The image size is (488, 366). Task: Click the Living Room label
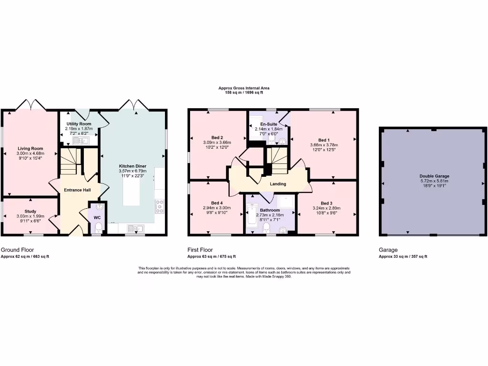(x=30, y=149)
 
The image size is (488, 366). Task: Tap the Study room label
(x=30, y=211)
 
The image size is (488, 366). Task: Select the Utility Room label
(x=79, y=124)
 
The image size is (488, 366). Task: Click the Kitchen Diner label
(x=132, y=166)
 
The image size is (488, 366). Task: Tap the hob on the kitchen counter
(x=160, y=206)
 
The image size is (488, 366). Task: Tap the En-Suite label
(x=269, y=124)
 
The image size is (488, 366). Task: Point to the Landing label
(x=278, y=184)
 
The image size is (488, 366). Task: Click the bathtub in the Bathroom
(x=251, y=217)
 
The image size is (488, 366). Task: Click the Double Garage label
(x=434, y=176)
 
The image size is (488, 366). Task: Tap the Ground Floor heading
(x=17, y=250)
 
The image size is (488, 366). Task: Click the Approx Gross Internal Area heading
(x=244, y=88)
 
